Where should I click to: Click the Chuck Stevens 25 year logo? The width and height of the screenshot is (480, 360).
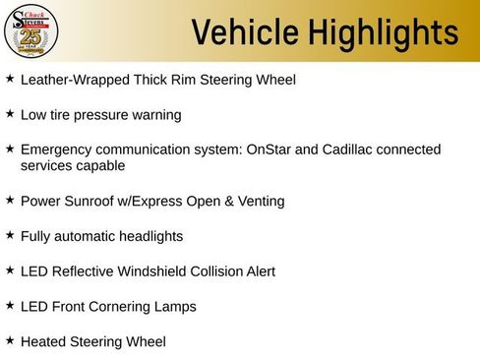[31, 32]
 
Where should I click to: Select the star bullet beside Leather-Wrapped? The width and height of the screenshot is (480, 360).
[10, 77]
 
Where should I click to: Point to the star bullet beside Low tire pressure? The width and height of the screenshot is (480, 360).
[10, 113]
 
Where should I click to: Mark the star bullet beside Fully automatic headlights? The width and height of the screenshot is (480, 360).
[10, 235]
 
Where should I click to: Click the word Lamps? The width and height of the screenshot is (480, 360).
[177, 307]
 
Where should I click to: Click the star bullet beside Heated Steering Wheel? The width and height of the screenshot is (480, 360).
[10, 340]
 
